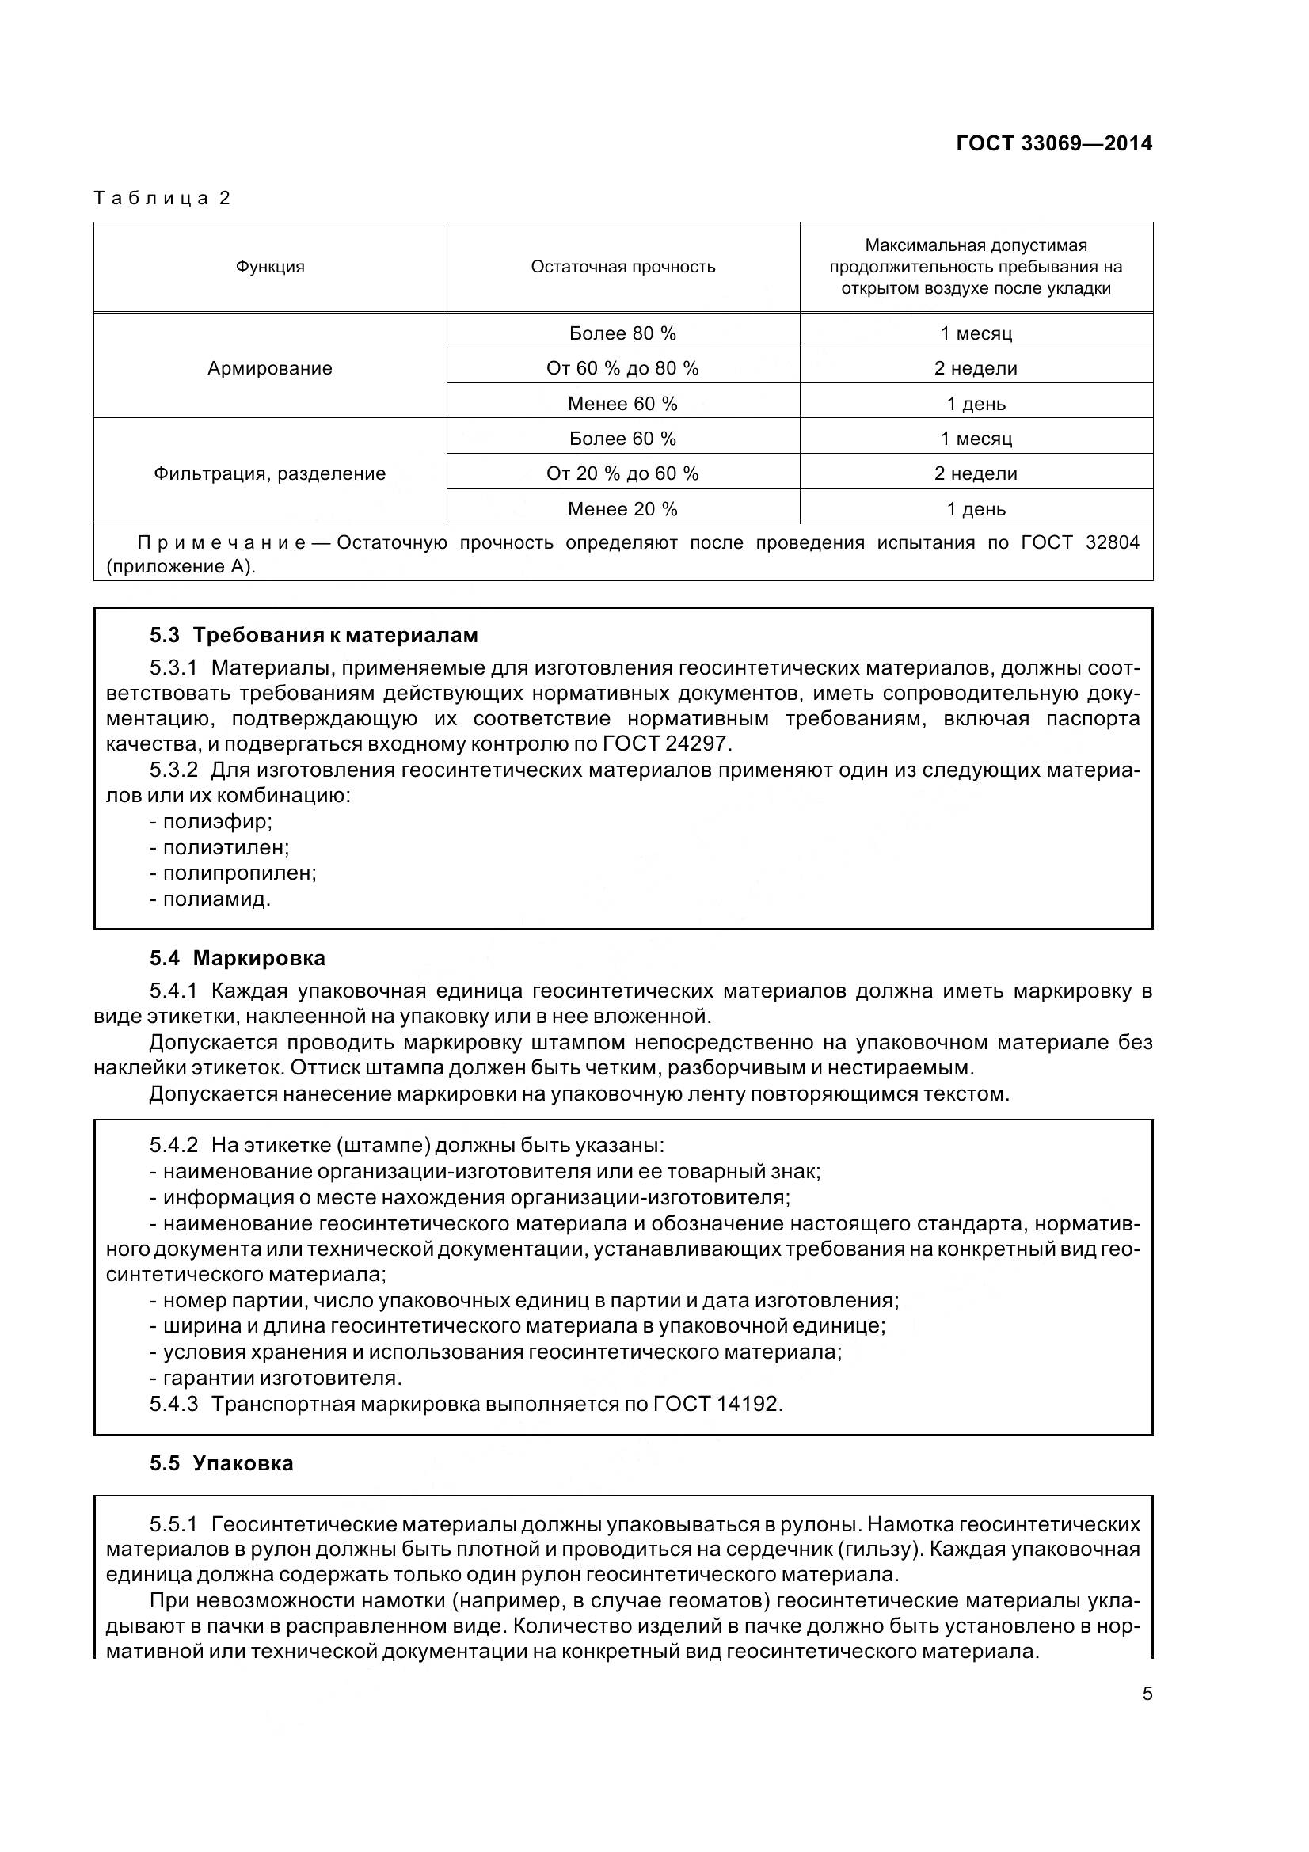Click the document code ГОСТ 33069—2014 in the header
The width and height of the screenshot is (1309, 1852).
[x=1053, y=143]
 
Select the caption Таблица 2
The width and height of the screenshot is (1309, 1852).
[x=162, y=198]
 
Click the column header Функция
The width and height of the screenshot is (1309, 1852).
[x=270, y=267]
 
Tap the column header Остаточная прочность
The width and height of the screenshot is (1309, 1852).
[x=622, y=267]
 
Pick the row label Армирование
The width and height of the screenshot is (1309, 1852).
[x=270, y=369]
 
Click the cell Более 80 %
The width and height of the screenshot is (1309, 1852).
[x=622, y=333]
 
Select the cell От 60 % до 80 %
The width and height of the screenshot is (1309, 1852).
[x=622, y=369]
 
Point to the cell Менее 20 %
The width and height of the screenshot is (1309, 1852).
[x=622, y=509]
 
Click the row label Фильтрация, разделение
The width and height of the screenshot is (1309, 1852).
[x=270, y=473]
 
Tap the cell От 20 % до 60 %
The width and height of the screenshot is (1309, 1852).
[x=622, y=473]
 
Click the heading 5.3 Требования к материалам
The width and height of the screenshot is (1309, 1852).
[x=314, y=635]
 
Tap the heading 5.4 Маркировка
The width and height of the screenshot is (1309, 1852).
[x=237, y=958]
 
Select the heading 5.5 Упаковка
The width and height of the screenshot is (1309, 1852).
[x=221, y=1463]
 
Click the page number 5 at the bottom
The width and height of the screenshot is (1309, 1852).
[x=1147, y=1694]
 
